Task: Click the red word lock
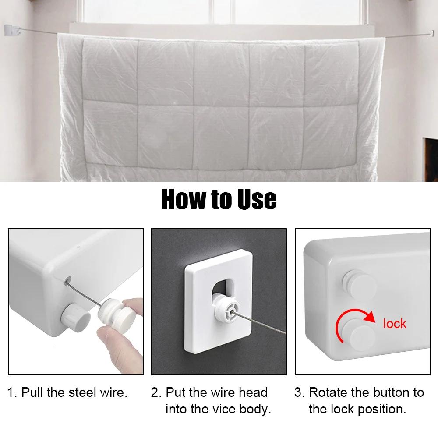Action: click(395, 324)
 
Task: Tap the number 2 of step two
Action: click(155, 392)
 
